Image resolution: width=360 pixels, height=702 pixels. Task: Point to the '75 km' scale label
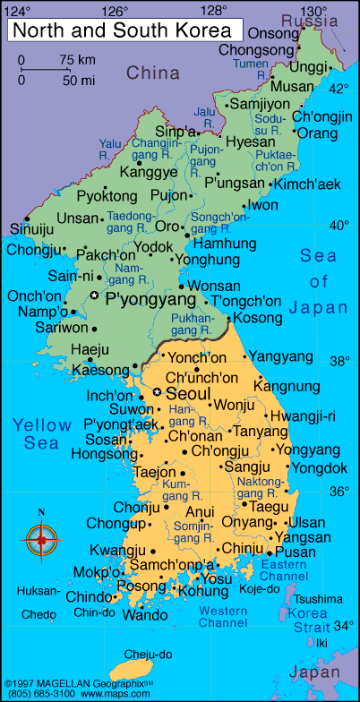[x=77, y=59]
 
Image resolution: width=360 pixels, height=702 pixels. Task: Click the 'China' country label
[x=152, y=73]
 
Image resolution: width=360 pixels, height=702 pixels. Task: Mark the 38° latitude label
[x=339, y=362]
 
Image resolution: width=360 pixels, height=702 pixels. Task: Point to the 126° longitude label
[x=115, y=11]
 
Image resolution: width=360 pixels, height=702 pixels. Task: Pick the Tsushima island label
[x=318, y=598]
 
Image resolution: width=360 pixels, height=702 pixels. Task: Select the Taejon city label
[x=155, y=472]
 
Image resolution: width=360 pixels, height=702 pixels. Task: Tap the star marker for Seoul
[x=158, y=393]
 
